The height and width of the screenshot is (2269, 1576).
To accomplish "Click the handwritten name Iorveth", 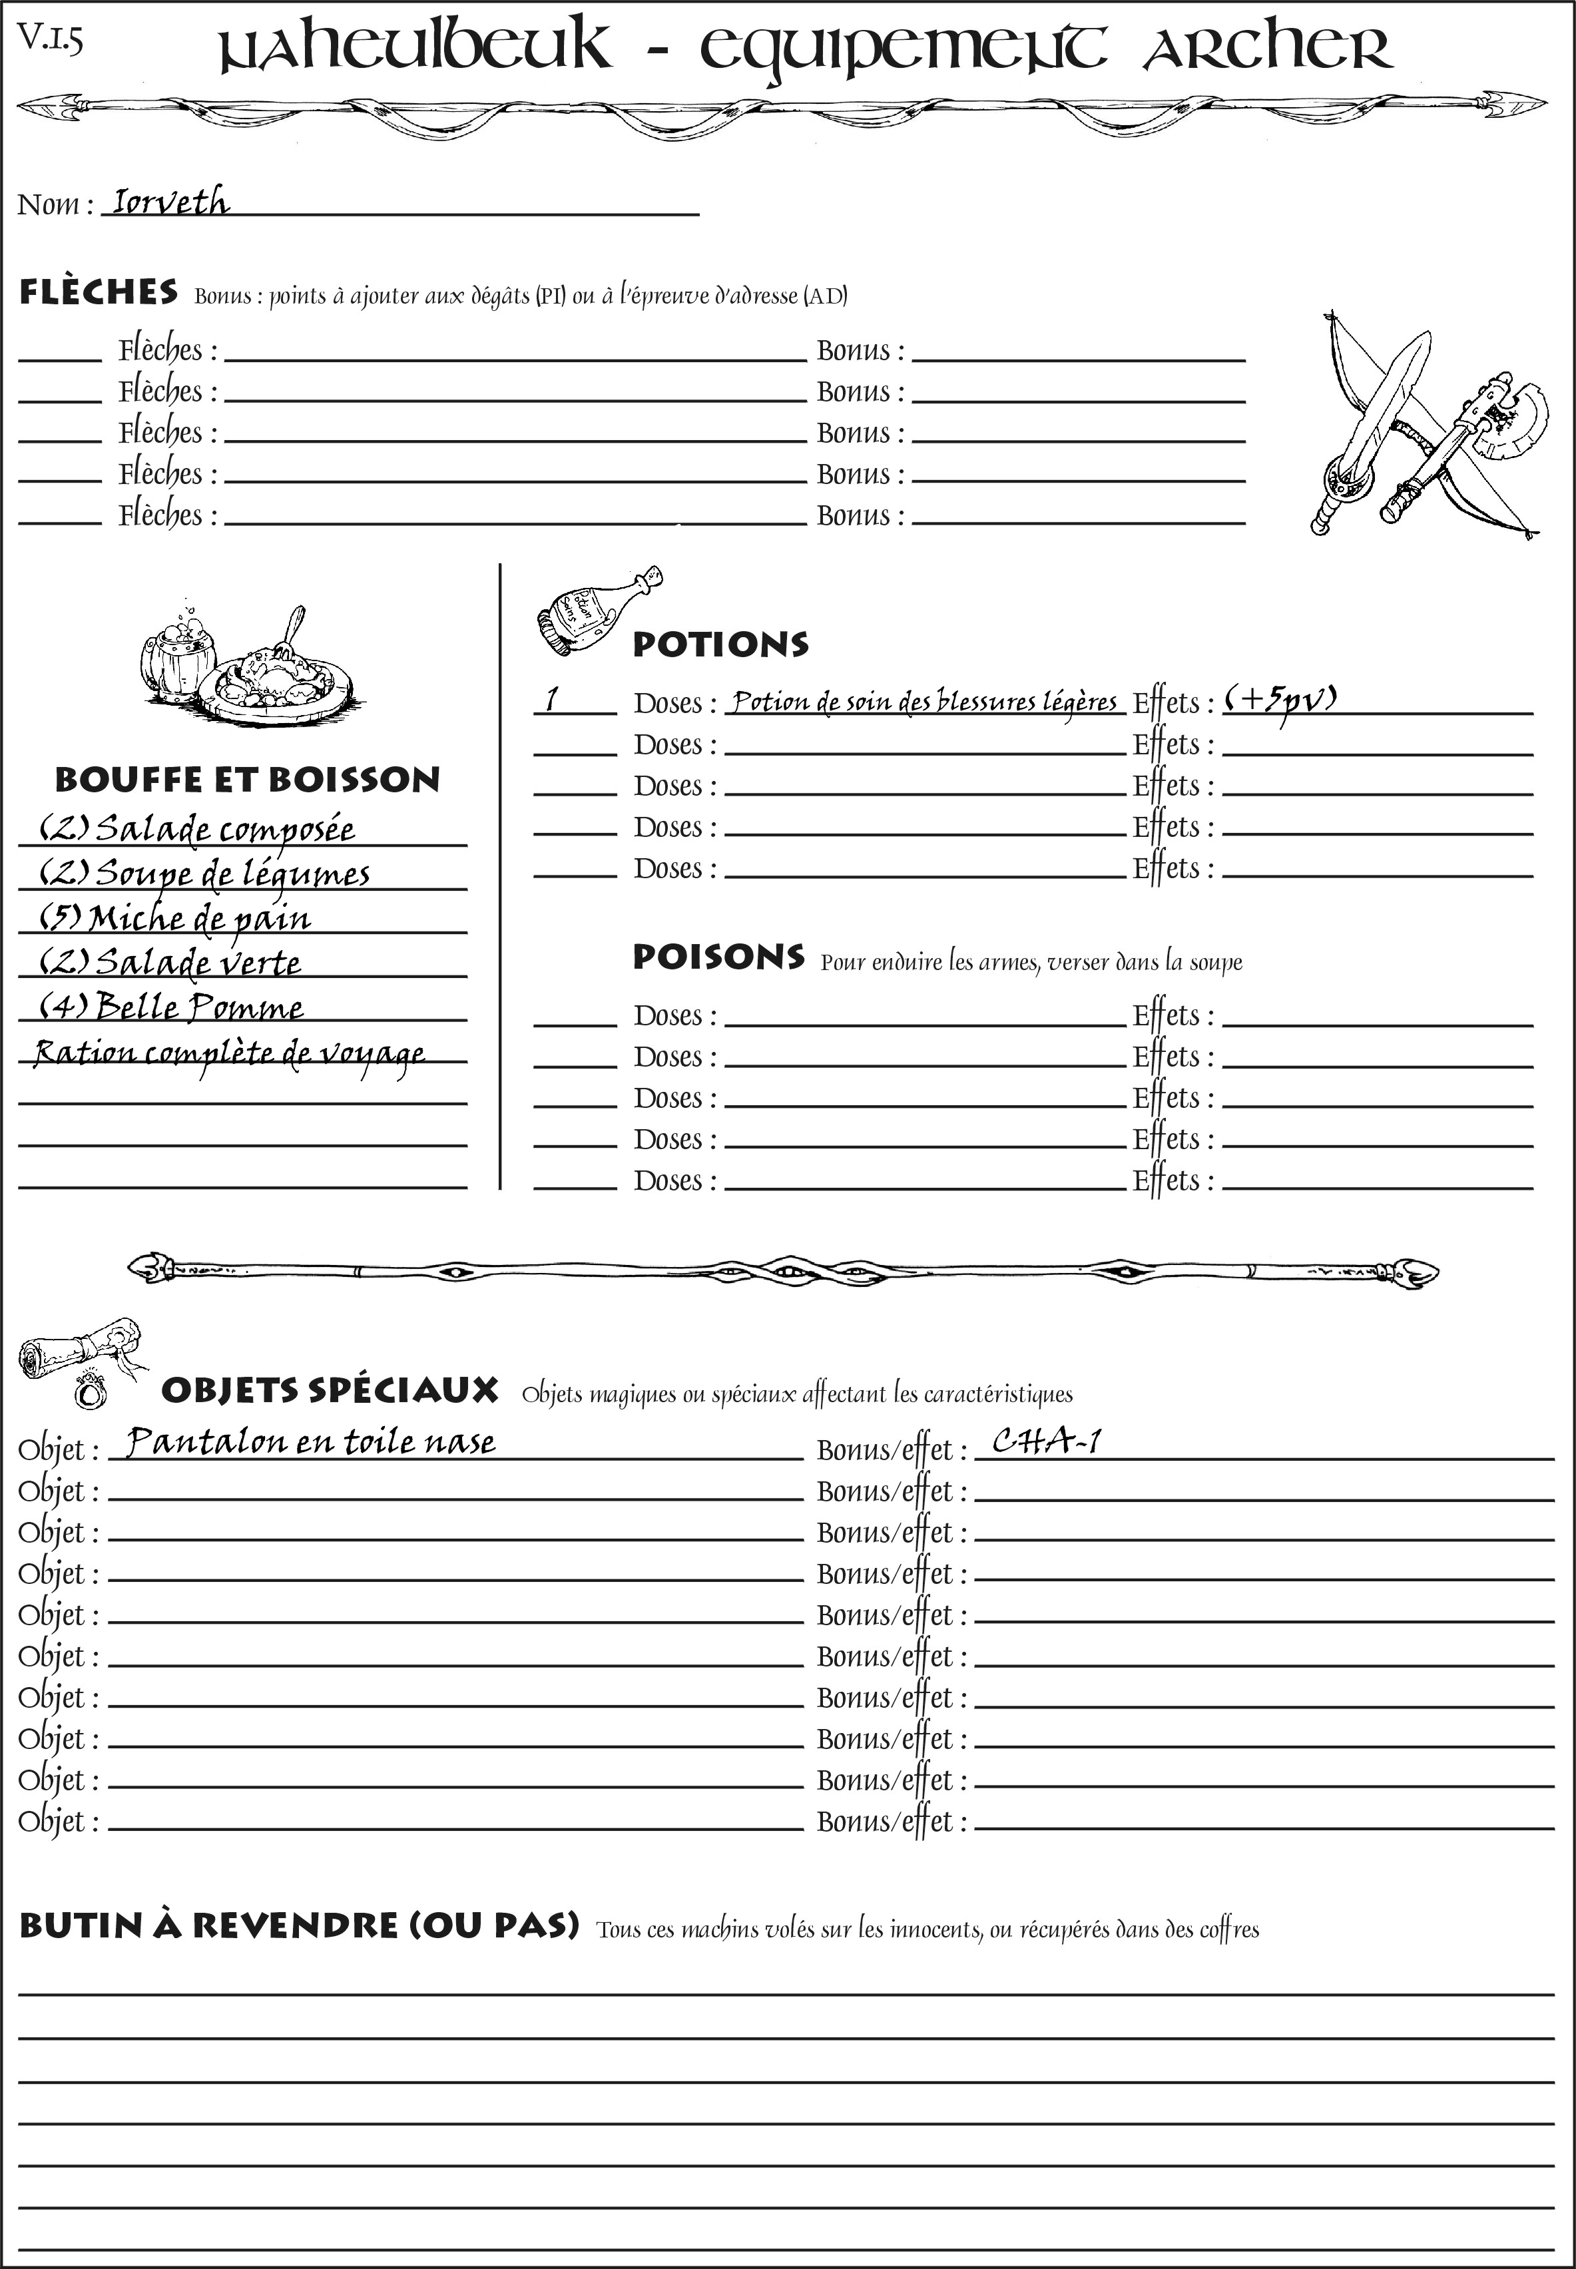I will [x=170, y=202].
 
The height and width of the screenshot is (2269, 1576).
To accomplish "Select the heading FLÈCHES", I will [x=99, y=292].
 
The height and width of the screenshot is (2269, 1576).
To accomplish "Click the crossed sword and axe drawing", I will [x=1422, y=425].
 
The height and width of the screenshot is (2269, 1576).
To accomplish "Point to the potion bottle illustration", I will [x=595, y=612].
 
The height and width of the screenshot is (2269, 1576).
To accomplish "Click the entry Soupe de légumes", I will [x=204, y=874].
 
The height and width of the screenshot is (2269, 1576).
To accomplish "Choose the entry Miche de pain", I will [x=176, y=918].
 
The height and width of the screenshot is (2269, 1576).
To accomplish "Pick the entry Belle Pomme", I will [x=172, y=1007].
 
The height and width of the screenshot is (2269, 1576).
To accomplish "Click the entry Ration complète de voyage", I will [x=229, y=1053].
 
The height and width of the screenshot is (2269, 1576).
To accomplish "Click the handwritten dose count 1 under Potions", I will [x=552, y=700].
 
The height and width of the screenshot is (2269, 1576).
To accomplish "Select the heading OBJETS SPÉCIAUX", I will [x=330, y=1390].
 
